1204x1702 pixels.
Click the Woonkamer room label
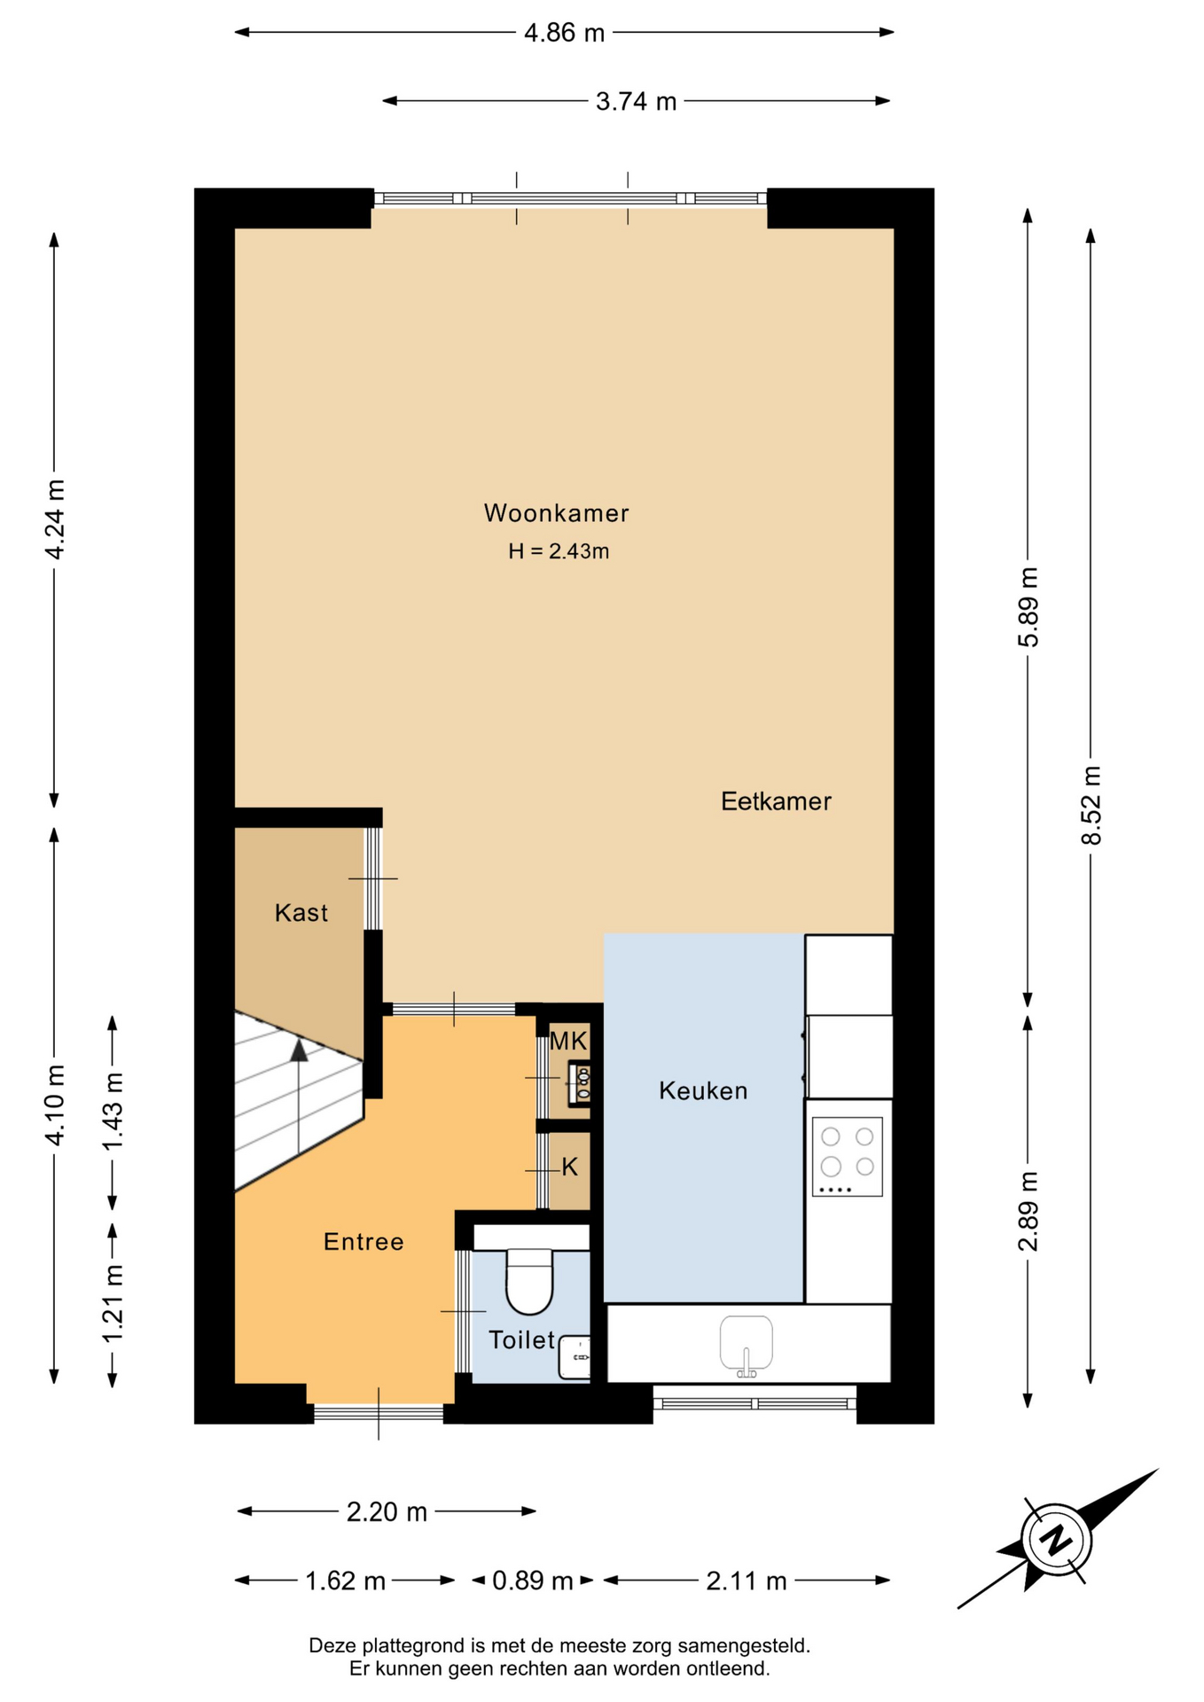coord(556,513)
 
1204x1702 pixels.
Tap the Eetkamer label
coord(776,801)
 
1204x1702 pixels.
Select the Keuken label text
coord(703,1090)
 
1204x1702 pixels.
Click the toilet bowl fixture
coord(529,1281)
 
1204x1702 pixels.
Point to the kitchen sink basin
coord(747,1342)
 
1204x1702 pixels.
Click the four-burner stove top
coord(848,1156)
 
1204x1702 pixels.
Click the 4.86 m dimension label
coord(564,33)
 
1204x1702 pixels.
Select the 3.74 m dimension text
coord(636,101)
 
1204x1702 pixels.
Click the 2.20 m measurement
coord(387,1511)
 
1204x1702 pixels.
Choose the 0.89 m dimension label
coord(532,1581)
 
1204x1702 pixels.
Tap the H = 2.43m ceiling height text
coord(559,551)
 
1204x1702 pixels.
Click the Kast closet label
coord(301,913)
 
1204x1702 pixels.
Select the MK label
coord(568,1041)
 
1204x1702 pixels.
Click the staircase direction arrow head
coord(299,1050)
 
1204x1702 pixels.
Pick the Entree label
coord(364,1242)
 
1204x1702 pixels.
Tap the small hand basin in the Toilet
coord(575,1357)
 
